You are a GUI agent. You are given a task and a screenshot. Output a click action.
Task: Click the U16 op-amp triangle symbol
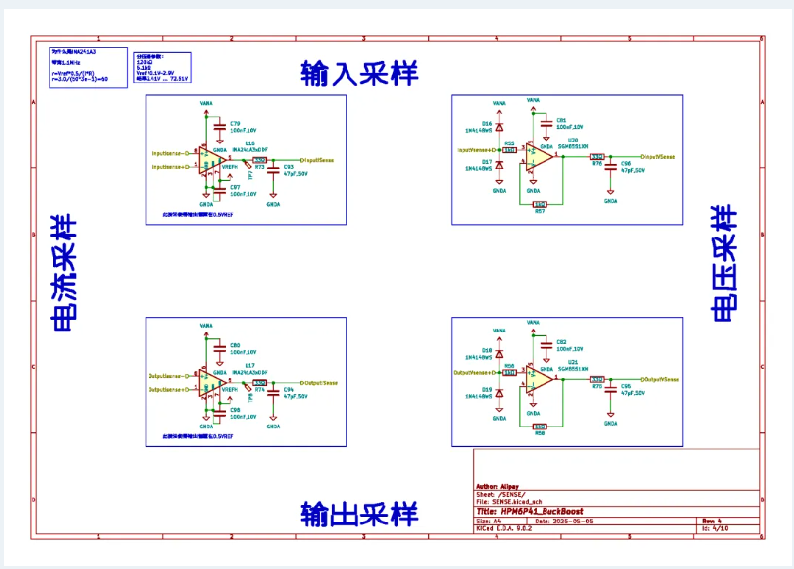tap(210, 159)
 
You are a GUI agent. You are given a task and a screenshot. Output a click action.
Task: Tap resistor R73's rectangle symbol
tap(260, 159)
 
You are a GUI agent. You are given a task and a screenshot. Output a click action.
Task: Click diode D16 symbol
tap(500, 130)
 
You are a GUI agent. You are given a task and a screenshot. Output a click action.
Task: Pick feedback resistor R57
tap(540, 204)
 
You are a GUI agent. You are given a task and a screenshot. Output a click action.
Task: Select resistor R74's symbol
tap(260, 383)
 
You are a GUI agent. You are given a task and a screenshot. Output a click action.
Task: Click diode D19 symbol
tap(500, 394)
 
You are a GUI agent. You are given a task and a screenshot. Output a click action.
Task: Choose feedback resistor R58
tap(540, 427)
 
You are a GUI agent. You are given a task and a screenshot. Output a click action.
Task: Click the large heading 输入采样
tap(359, 72)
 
